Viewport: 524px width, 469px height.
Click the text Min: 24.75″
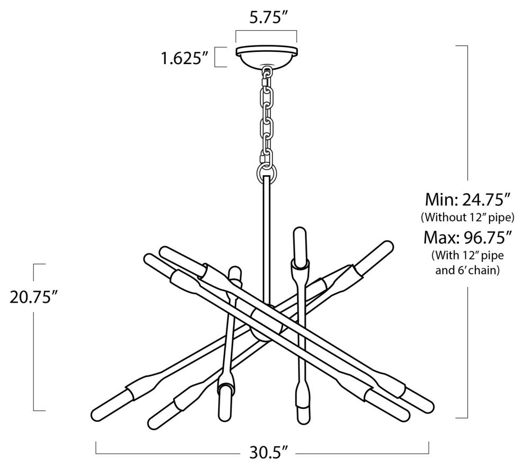[x=467, y=200]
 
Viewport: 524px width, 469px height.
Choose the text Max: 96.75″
[x=467, y=238]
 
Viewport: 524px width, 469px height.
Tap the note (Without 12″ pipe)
[x=467, y=218]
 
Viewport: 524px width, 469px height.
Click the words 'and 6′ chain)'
[x=467, y=270]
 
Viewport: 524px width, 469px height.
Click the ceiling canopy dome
[x=266, y=58]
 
